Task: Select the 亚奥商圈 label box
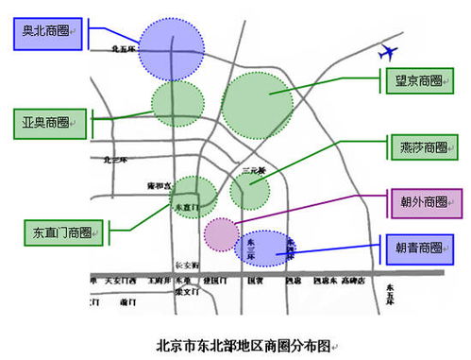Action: point(45,121)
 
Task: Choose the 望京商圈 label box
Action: point(420,81)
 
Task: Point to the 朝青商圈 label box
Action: point(420,248)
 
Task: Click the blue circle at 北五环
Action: point(170,45)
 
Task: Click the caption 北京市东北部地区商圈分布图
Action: point(243,345)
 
